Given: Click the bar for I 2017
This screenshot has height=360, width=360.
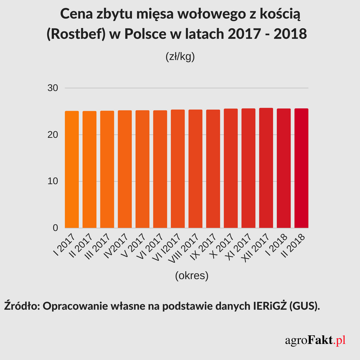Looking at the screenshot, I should pos(72,169).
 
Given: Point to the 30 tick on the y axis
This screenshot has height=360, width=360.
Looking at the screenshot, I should pos(53,88).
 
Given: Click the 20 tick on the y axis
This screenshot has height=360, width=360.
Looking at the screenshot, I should pos(53,135).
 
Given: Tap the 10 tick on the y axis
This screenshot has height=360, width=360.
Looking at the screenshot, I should pos(53,181).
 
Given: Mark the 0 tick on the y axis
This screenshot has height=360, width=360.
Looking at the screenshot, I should pos(56,228).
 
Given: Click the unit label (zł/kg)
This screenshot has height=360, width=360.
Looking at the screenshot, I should pos(180,58).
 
